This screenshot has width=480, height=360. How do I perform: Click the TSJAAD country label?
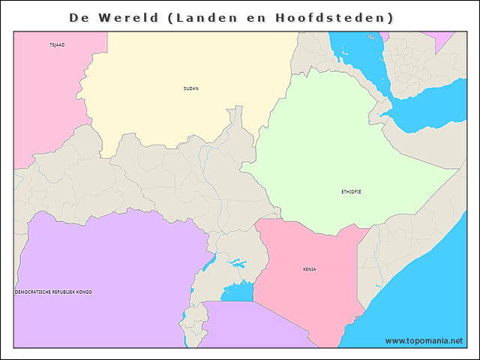(57, 45)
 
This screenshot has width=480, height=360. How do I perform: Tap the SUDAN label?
(191, 88)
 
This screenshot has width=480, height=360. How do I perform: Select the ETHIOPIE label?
(351, 192)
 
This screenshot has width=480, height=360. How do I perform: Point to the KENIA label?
(310, 269)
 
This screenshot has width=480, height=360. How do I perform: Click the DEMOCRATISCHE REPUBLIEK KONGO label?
(54, 292)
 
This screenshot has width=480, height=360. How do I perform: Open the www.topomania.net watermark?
(424, 340)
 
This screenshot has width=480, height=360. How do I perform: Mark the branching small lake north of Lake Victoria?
(238, 264)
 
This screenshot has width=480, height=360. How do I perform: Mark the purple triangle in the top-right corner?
(443, 37)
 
